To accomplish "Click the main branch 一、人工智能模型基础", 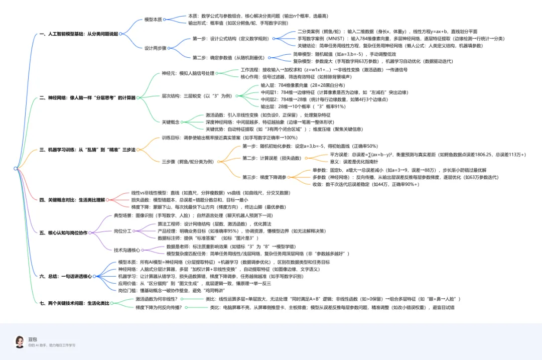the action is (80, 34).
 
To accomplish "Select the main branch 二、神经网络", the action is (87, 97).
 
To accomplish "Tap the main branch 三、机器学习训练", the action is (87, 150).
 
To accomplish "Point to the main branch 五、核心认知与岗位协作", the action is (64, 232).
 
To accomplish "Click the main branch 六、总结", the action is (66, 276).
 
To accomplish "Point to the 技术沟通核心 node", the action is (128, 250).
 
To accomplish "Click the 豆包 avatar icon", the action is (19, 341).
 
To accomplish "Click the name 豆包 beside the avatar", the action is (33, 339).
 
